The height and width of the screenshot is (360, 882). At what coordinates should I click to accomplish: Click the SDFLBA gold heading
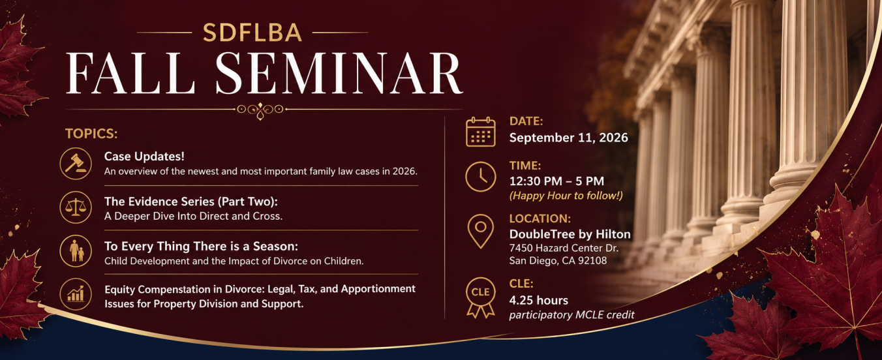coord(252,33)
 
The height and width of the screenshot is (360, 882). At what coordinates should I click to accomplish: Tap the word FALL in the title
coord(130,73)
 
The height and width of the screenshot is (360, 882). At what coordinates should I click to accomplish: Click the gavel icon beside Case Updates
coord(76,164)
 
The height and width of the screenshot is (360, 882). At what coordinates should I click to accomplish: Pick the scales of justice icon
coord(76,207)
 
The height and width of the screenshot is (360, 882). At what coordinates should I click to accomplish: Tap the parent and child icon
coord(76,251)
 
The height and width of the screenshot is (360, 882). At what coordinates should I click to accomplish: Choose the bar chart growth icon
coord(76,294)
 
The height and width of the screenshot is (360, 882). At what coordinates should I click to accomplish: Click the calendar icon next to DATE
coord(480,132)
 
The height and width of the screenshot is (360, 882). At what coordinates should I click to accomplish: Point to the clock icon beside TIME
coord(480,177)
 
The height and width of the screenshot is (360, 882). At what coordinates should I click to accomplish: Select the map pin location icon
coord(480,231)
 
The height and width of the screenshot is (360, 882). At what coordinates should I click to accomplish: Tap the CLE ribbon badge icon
coord(480,298)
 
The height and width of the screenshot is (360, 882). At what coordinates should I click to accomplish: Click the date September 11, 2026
coord(569,138)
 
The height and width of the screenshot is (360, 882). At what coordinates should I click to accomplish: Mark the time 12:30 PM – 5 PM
coord(556,181)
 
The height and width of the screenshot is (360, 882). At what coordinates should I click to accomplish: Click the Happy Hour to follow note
coord(566,196)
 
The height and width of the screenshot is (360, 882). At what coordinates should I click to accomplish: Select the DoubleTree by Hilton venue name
coord(570,235)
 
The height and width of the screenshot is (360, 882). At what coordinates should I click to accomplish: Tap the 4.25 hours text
coord(539,301)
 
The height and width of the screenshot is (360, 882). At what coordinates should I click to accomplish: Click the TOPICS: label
coord(91,134)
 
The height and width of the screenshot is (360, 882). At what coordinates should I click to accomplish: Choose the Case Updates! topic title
coord(144,157)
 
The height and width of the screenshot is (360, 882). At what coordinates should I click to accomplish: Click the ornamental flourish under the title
coord(260,110)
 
